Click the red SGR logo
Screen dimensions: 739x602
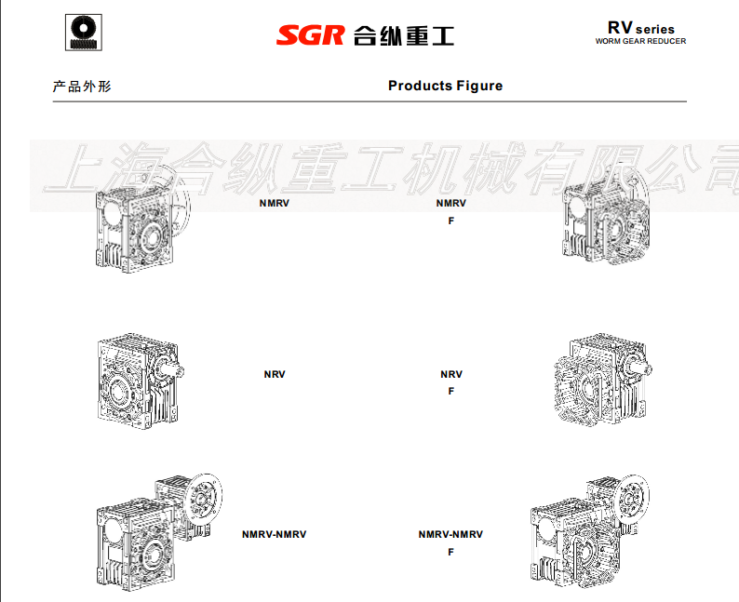coord(311,35)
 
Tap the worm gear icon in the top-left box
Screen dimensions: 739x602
coord(84,32)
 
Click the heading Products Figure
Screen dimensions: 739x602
coord(446,86)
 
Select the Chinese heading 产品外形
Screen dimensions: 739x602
coord(82,87)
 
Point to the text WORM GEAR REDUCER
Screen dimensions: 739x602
coord(640,42)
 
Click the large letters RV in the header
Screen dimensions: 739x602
coord(620,28)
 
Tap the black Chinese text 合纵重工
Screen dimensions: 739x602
coord(404,35)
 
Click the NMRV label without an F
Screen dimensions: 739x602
coord(275,203)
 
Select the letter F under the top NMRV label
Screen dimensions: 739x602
coord(451,221)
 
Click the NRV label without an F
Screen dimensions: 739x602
coord(275,374)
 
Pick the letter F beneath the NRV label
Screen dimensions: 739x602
coord(451,391)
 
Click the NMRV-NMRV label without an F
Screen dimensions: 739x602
coord(275,534)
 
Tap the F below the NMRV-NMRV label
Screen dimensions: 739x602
coord(451,552)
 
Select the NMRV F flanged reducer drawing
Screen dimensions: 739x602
coord(606,217)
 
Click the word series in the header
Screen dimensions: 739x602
coord(654,30)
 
